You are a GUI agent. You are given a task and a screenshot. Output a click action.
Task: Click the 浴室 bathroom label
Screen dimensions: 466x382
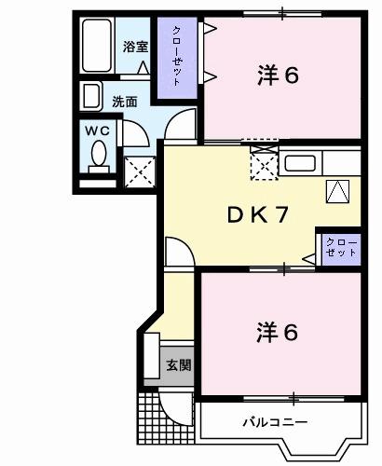coord(136,47)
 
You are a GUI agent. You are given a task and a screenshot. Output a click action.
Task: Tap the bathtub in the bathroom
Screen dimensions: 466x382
coord(97,47)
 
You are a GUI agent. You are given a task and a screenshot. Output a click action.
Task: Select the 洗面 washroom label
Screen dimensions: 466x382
coord(125,101)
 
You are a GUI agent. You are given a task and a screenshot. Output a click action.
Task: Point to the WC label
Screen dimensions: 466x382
coord(98,131)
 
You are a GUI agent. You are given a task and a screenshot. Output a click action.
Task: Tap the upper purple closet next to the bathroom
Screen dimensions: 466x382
coord(176,56)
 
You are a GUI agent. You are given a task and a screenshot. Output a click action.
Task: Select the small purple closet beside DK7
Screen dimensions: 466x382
coord(340,248)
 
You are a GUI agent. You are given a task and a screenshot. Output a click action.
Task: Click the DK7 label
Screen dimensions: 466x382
coord(257,213)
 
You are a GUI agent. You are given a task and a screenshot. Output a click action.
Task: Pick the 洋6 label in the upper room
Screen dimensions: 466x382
coord(278,75)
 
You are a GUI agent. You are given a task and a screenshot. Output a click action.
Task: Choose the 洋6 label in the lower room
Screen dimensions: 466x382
coord(278,331)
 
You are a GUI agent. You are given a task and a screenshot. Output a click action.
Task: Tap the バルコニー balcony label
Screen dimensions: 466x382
coord(275,422)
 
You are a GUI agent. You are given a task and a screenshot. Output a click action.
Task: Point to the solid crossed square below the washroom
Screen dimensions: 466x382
coord(139,171)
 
